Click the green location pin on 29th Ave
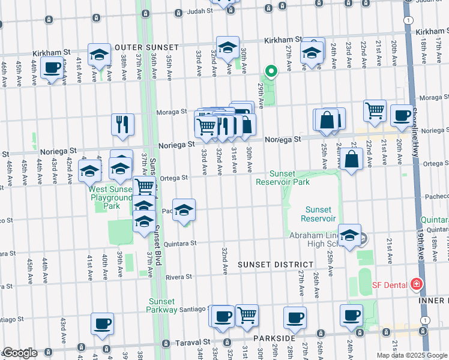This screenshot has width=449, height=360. click(271, 72)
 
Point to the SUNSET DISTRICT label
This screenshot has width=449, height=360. click(275, 265)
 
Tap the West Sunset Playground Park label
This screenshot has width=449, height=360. click(110, 197)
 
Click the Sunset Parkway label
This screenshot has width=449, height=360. click(161, 305)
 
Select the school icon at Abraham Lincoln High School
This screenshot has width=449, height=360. click(349, 236)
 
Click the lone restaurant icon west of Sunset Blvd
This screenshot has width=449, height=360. click(122, 124)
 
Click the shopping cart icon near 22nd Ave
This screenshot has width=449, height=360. click(375, 110)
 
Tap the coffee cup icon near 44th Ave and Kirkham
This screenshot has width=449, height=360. click(52, 68)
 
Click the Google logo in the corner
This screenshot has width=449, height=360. click(20, 353)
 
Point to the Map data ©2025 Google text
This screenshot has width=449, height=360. click(412, 355)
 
